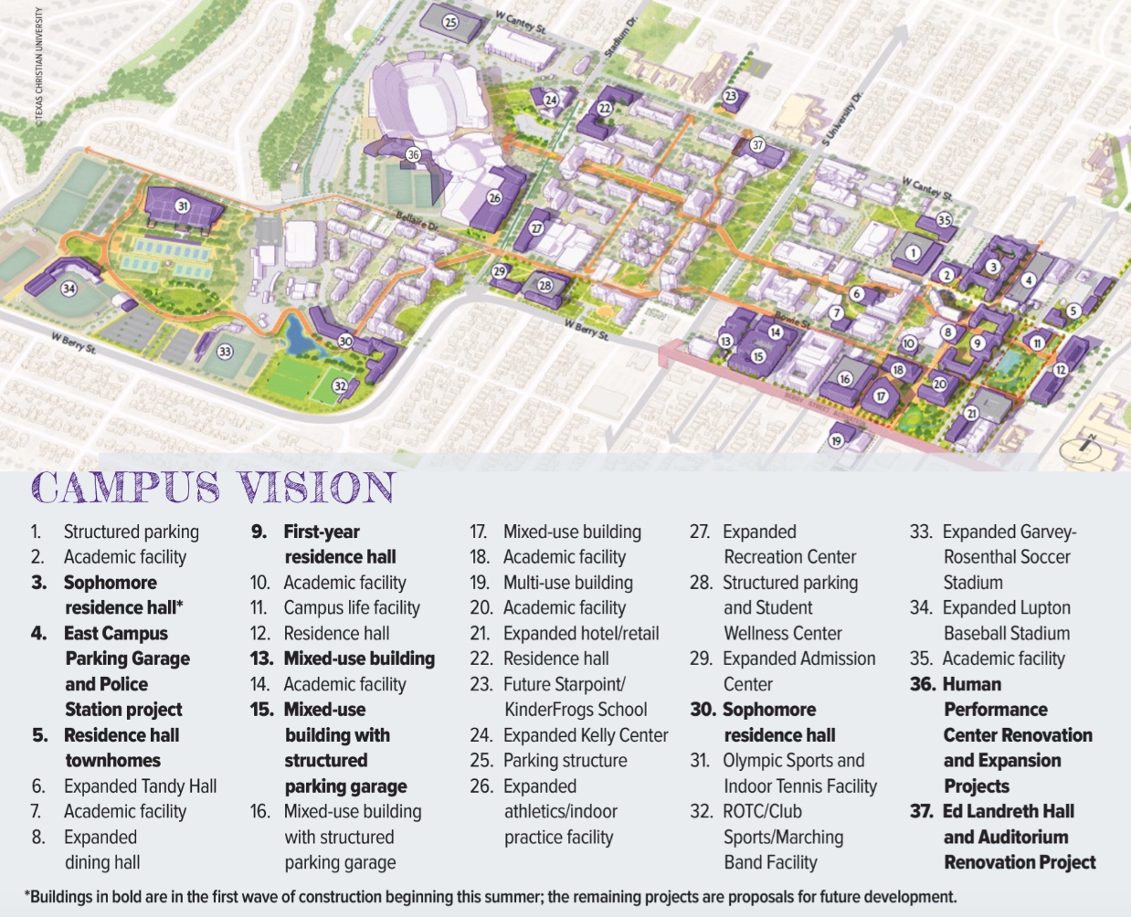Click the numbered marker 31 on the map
(x=183, y=206)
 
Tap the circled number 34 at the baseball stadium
(x=69, y=289)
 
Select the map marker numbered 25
(x=449, y=22)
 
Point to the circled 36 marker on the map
(x=413, y=155)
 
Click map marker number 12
(x=1060, y=370)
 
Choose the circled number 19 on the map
(x=836, y=440)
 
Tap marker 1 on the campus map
(x=913, y=253)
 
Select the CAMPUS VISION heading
(x=213, y=488)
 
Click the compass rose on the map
(x=1082, y=448)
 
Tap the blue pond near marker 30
(x=300, y=338)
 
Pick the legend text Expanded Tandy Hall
(x=140, y=786)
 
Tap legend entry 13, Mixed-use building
(x=343, y=659)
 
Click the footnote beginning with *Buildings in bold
(x=492, y=897)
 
